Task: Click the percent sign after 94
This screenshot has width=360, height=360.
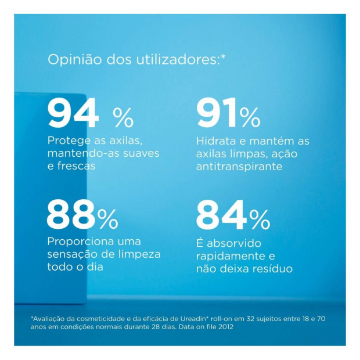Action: point(123,118)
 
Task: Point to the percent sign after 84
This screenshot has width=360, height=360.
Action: point(260,219)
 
